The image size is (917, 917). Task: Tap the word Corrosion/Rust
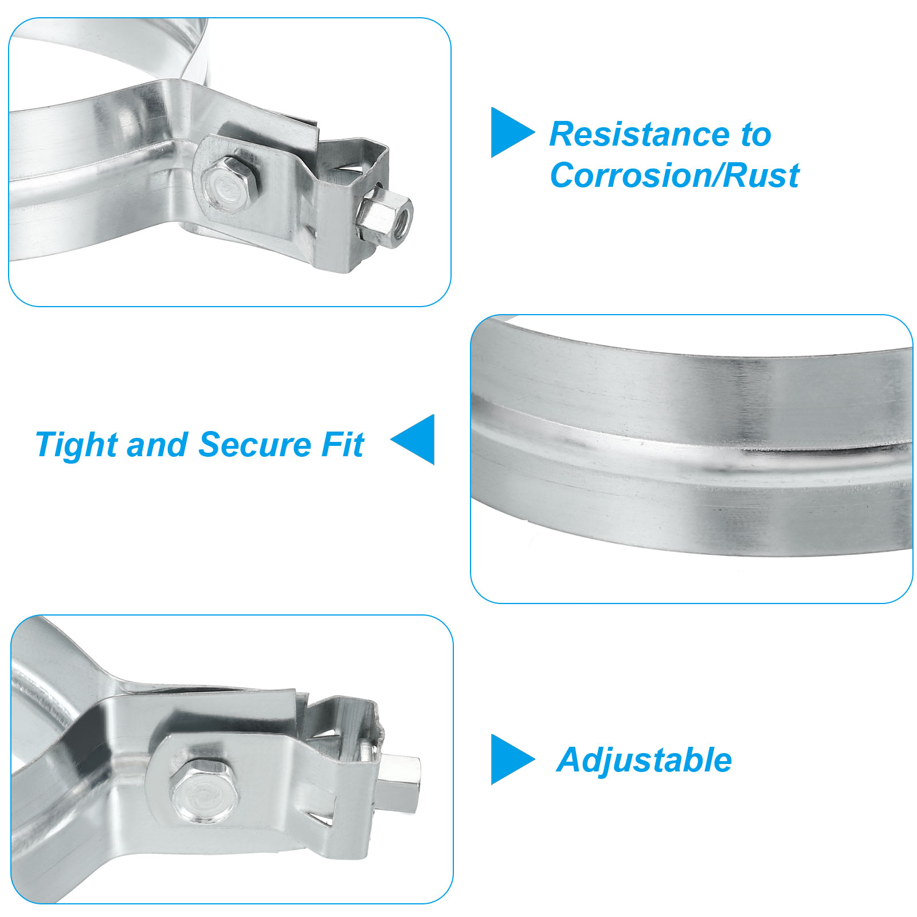click(x=675, y=175)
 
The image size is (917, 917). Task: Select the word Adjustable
click(x=644, y=761)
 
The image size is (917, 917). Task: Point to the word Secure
click(x=254, y=445)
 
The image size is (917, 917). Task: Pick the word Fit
click(x=343, y=445)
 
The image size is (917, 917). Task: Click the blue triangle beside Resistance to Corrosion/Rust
click(x=512, y=132)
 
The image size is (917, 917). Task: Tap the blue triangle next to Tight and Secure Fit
click(x=413, y=440)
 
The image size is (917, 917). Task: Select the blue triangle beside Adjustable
click(x=512, y=759)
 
